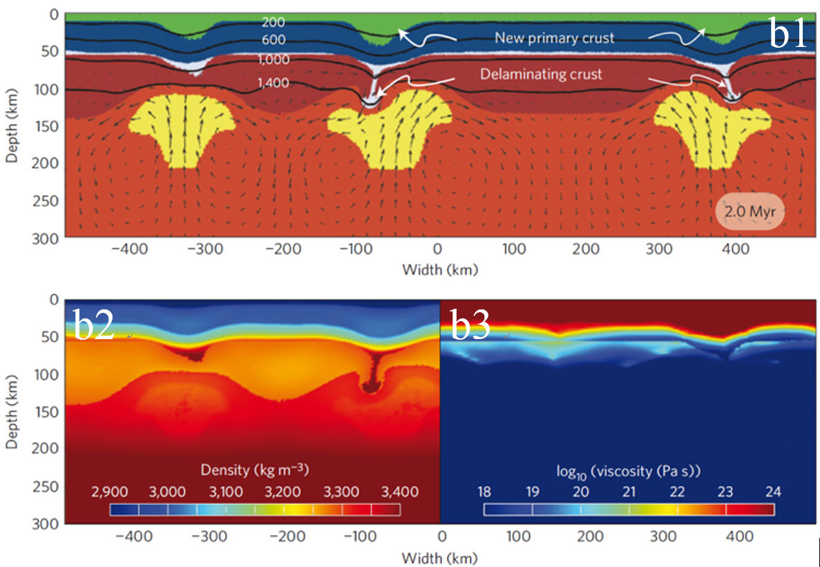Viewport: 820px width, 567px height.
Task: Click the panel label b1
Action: [788, 33]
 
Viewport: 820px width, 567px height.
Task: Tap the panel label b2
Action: [94, 325]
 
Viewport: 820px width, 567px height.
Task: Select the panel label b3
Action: [470, 325]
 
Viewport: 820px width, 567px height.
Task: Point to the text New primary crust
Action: [554, 38]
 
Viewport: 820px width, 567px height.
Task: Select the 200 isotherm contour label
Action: [273, 22]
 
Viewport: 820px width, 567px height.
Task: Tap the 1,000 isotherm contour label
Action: [274, 60]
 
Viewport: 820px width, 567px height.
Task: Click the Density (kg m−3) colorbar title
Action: [254, 470]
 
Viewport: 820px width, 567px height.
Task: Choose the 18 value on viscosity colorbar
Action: [484, 492]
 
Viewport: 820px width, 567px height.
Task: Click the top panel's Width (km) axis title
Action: [440, 269]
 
